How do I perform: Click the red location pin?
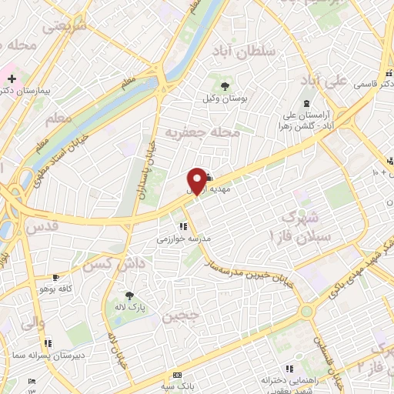(198, 180)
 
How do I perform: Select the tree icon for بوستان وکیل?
(225, 85)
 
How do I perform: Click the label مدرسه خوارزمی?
(184, 239)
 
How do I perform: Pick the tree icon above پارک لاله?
(129, 295)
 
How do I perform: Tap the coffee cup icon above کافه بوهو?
(55, 277)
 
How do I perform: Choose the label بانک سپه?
(178, 386)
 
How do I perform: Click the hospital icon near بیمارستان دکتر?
(12, 78)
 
